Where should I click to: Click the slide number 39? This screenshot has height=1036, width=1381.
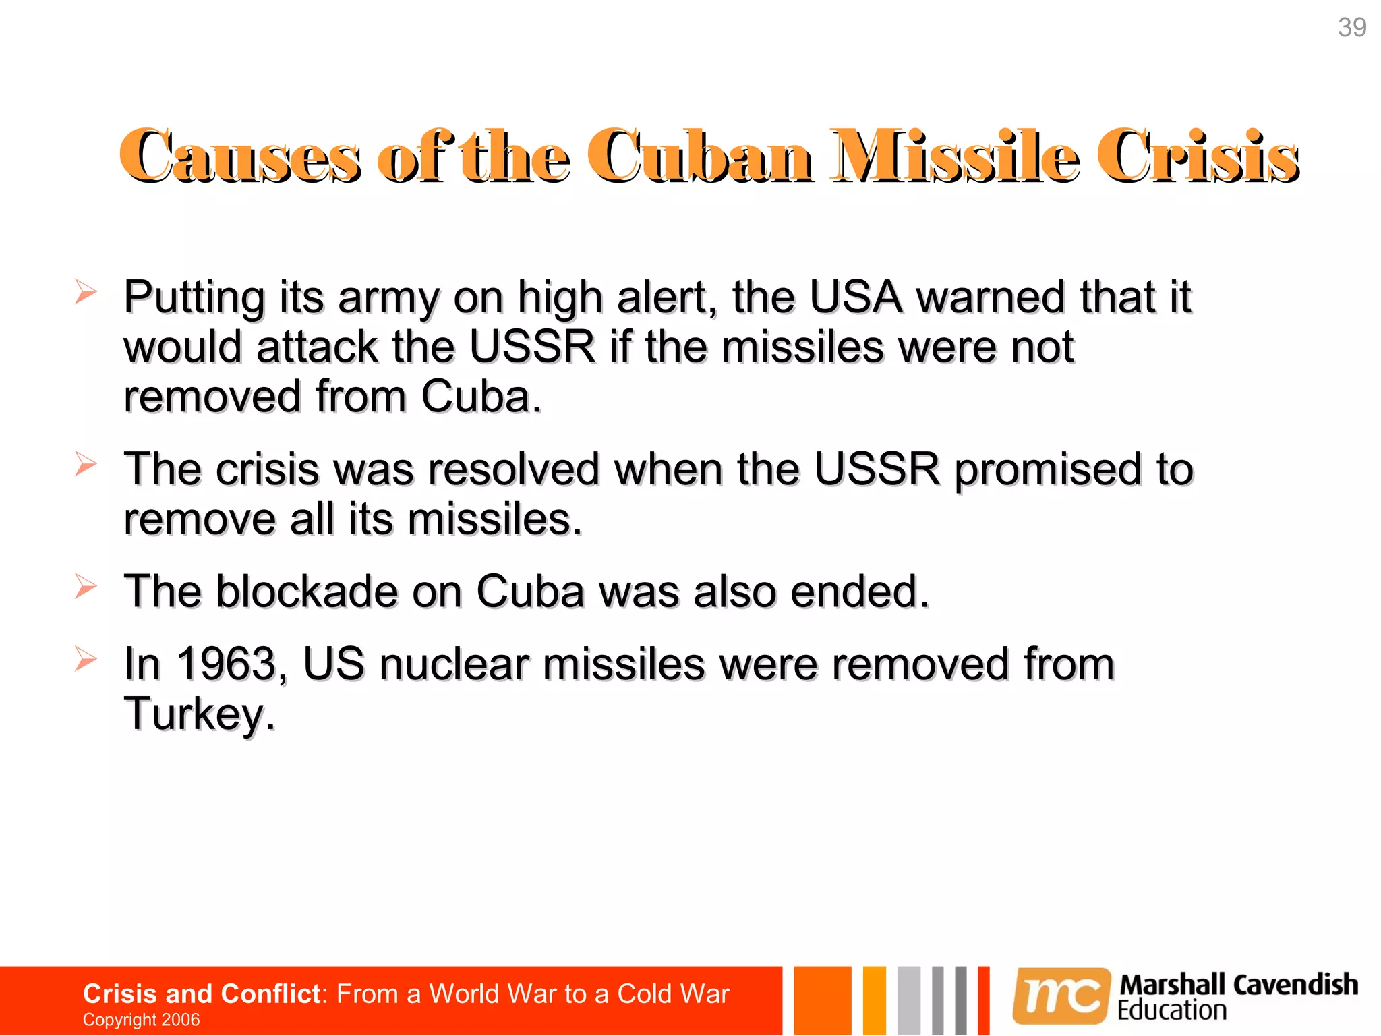(1351, 28)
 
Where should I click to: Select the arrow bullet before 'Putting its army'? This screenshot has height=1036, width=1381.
(86, 291)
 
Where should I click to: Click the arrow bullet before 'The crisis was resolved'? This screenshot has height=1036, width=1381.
(86, 463)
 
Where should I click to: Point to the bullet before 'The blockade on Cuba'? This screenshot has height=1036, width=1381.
(86, 585)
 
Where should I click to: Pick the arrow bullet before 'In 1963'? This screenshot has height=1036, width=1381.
(86, 658)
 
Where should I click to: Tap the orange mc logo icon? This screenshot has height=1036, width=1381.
(1061, 996)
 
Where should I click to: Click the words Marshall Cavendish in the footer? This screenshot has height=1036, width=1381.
(1238, 985)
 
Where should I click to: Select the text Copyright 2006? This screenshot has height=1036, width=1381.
(141, 1019)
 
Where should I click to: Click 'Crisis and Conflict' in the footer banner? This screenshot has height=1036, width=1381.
(201, 994)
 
